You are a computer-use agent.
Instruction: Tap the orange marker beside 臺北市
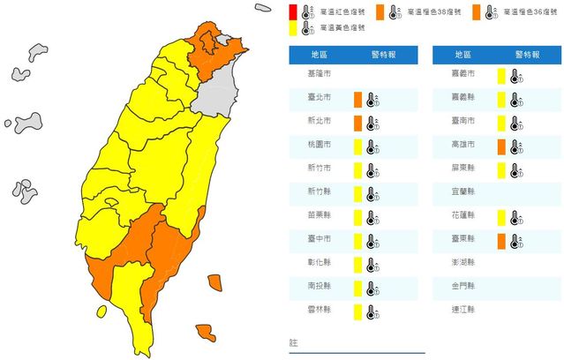[x=357, y=98]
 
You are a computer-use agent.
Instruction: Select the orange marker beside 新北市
[x=357, y=122]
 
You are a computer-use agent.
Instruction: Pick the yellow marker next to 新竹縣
[x=357, y=192]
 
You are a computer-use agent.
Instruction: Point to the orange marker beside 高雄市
[x=500, y=146]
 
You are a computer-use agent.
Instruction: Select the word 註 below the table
[x=294, y=341]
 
